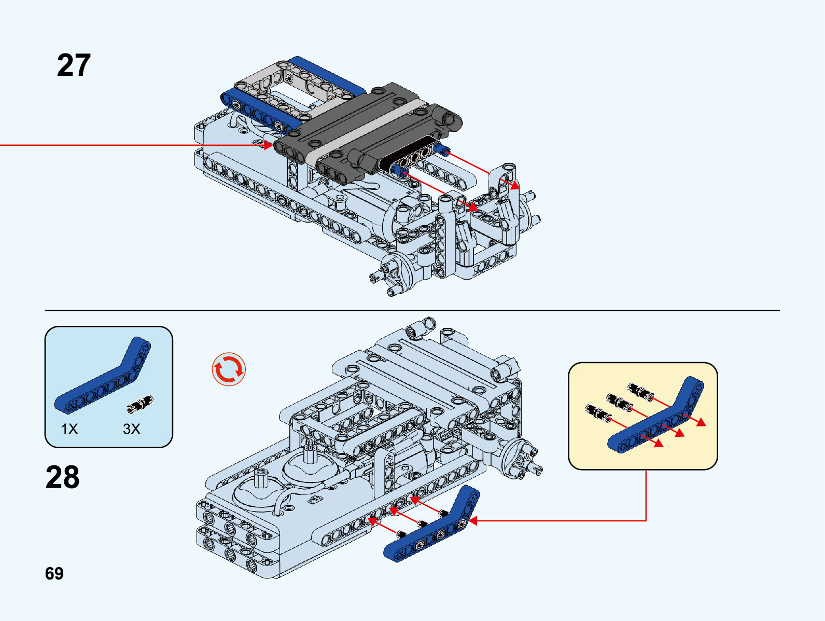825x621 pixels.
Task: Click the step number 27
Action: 74,65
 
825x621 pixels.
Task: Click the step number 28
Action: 63,477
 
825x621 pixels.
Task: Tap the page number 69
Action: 54,573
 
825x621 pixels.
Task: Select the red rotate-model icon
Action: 229,369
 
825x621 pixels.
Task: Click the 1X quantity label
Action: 69,429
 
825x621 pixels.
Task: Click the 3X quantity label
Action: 132,429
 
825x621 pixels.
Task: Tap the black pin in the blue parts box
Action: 140,404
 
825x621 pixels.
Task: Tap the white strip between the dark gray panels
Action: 363,130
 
